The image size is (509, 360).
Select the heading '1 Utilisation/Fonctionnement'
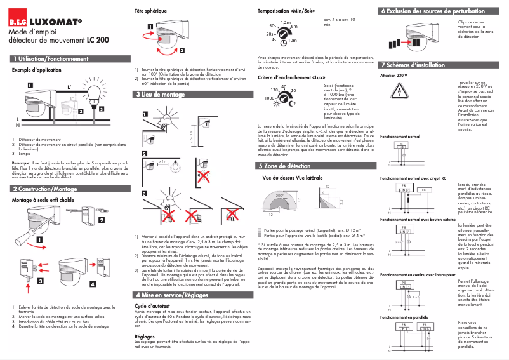51,58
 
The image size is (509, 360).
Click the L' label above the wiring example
70,86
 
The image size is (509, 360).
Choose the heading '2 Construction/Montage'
46,189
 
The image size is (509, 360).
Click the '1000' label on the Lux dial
270,99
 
